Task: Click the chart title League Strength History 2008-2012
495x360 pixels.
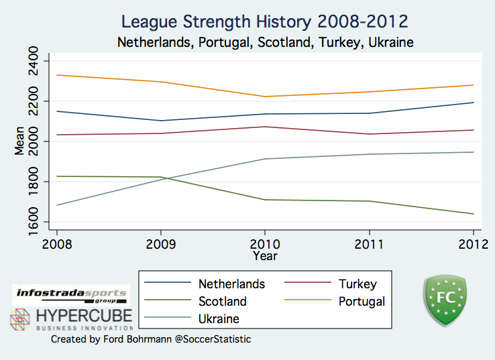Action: (265, 21)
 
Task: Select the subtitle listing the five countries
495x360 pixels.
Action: (265, 42)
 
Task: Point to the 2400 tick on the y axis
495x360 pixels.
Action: (31, 62)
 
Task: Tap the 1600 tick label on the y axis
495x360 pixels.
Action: (31, 222)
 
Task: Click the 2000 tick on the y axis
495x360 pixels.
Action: (31, 141)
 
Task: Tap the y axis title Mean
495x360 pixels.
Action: (19, 141)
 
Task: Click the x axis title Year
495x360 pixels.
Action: (265, 255)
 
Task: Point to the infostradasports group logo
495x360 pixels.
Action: (70, 295)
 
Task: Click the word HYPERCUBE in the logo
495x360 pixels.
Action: (84, 315)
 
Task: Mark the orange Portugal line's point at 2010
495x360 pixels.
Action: (265, 97)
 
